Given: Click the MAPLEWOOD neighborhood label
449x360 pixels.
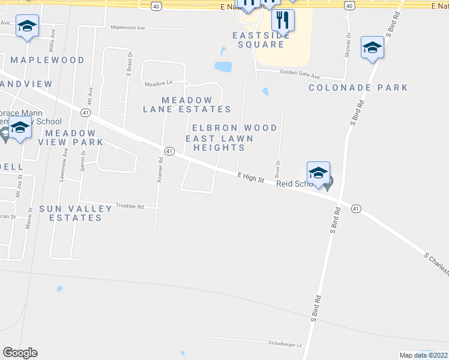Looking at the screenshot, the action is (x=47, y=60).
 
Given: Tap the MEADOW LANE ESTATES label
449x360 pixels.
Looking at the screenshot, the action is (x=187, y=104).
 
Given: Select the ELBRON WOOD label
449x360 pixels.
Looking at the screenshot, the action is (x=234, y=128).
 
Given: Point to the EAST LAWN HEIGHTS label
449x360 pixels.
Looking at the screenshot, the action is (x=219, y=143).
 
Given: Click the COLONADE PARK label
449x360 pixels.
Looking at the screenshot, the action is (x=358, y=88).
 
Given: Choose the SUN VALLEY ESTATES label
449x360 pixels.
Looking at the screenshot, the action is (x=76, y=213).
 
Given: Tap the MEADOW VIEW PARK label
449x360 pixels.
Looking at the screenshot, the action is (x=71, y=137).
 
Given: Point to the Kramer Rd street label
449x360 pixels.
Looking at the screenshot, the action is (x=160, y=170).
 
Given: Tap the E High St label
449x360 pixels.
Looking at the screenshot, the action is (x=250, y=177).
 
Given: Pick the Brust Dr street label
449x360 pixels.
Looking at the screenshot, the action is (x=277, y=169).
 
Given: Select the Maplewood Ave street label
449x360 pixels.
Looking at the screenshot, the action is (x=128, y=28).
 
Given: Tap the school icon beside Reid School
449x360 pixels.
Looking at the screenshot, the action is (x=318, y=173).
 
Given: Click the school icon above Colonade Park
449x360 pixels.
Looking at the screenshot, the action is (x=372, y=47).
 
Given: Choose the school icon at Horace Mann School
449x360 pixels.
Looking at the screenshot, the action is (x=20, y=127).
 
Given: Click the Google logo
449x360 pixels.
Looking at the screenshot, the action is (x=20, y=353).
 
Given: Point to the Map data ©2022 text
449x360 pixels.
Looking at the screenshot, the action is (x=423, y=355).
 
